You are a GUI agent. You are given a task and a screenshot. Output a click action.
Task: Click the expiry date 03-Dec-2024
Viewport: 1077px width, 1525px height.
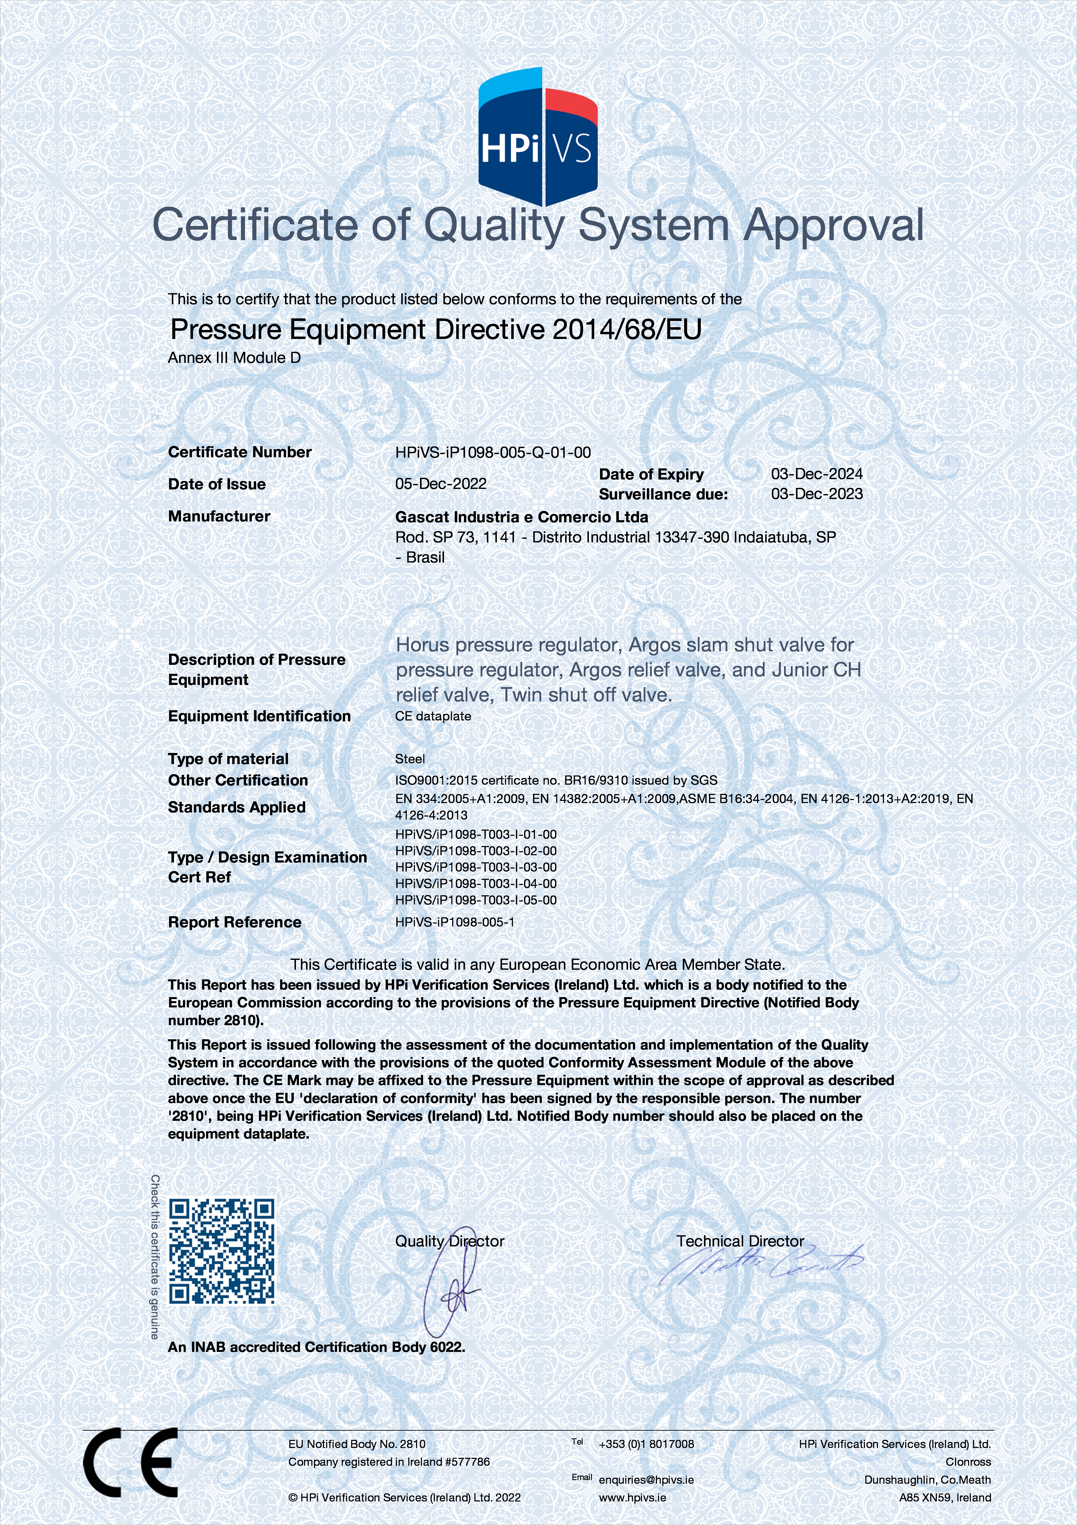click(x=817, y=474)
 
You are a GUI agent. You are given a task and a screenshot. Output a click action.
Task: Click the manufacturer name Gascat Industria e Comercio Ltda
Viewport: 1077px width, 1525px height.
click(x=521, y=517)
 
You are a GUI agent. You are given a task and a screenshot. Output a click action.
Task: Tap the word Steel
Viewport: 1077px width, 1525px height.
click(x=410, y=759)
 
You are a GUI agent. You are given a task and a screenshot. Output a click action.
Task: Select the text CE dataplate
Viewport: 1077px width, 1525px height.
click(x=433, y=716)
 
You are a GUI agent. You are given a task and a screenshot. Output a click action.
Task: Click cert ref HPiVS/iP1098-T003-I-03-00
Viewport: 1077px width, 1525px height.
click(x=476, y=867)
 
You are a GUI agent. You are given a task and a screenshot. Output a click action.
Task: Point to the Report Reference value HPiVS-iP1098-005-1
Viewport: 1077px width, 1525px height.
click(x=455, y=922)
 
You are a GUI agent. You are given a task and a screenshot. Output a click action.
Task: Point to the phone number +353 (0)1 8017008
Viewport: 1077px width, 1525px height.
click(x=646, y=1444)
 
